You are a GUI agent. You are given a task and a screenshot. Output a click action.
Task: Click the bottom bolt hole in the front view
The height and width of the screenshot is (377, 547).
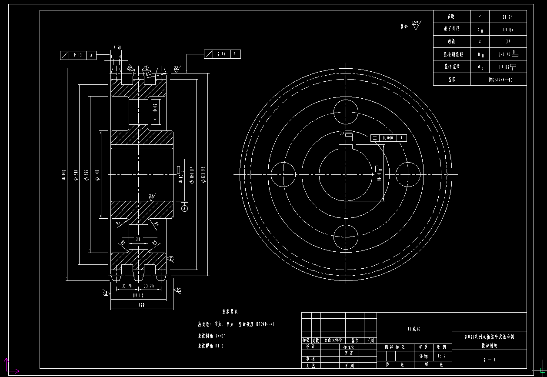[346, 237]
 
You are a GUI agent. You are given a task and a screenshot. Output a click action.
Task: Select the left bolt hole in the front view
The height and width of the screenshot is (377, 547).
[283, 174]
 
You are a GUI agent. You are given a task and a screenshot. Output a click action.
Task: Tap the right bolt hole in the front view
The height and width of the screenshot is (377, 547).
[409, 174]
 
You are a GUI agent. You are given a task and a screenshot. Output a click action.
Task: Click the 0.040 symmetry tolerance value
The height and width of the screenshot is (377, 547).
[388, 138]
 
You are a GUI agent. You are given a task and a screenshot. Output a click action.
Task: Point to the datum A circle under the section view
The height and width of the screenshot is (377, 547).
[185, 209]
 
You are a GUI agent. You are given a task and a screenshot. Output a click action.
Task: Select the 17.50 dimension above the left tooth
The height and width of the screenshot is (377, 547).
[116, 47]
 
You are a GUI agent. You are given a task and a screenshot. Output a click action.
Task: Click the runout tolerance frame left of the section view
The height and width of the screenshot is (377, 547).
[78, 55]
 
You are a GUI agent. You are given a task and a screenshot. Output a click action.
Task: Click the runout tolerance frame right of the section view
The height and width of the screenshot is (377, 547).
[222, 54]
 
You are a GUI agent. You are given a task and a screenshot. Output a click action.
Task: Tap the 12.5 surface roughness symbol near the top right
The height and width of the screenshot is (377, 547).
[416, 25]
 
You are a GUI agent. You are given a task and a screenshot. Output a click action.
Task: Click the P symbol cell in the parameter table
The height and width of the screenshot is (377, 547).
[480, 17]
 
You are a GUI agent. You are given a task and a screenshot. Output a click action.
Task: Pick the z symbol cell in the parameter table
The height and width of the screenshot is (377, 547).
[480, 41]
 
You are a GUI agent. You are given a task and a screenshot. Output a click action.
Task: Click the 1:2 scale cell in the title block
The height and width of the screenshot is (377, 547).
[441, 356]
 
